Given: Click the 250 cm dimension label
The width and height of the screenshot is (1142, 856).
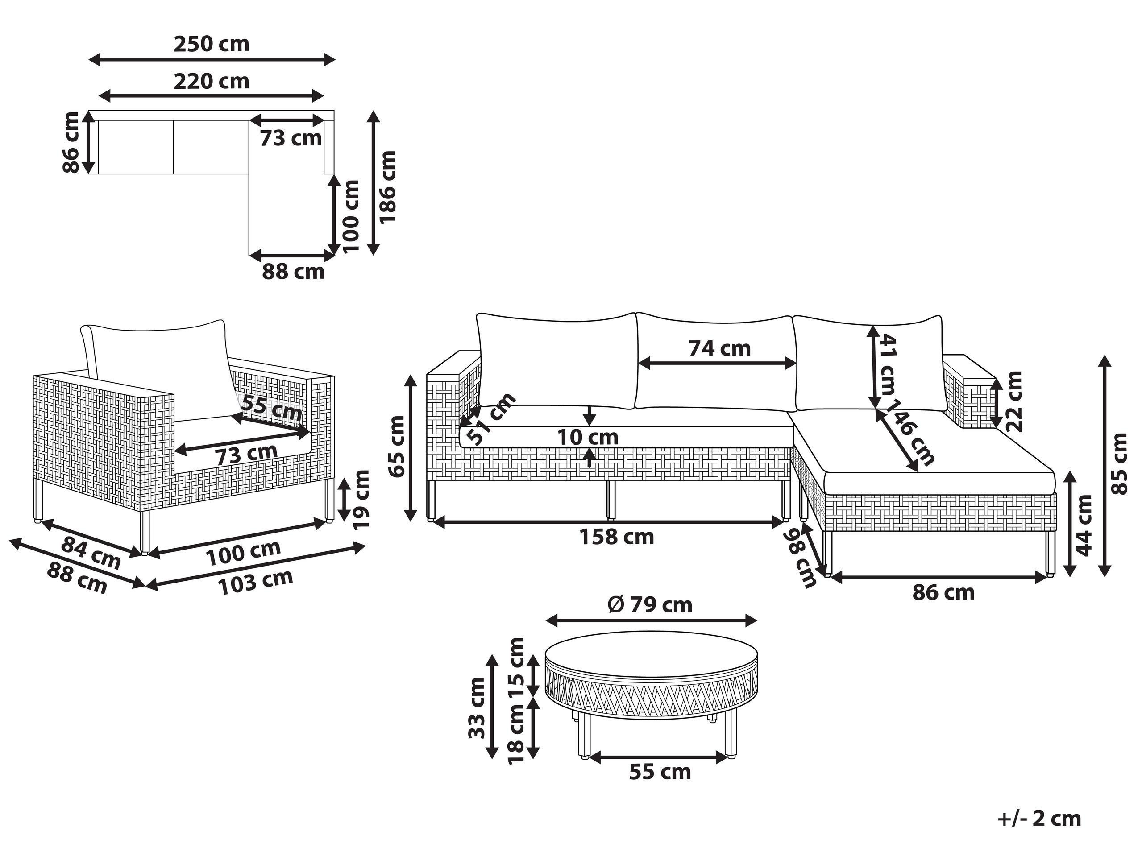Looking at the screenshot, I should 211,44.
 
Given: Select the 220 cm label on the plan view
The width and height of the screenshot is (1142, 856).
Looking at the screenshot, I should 211,82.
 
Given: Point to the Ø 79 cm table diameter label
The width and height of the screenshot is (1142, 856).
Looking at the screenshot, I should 650,605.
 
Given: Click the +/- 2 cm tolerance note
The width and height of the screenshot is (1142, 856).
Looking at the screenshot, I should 1039,819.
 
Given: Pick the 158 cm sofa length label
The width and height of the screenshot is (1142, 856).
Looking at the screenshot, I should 616,537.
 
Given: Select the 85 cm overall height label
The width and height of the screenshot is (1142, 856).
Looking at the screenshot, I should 1119,464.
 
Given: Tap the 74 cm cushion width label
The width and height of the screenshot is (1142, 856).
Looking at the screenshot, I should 719,349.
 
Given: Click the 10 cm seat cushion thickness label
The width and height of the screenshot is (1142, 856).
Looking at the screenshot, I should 588,438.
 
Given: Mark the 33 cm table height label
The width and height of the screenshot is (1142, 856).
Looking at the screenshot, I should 478,708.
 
